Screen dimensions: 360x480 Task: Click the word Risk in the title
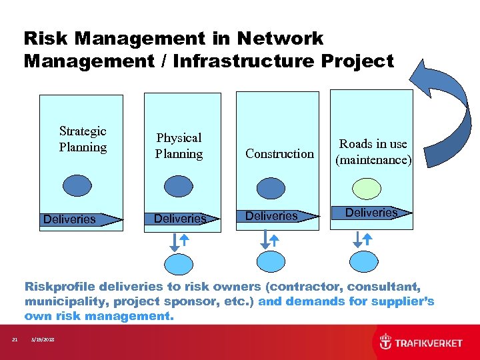pos(43,39)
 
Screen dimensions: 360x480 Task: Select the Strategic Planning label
pos(83,139)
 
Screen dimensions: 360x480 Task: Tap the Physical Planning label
pos(179,146)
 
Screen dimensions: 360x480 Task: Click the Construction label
pos(279,154)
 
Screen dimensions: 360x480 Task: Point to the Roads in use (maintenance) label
pos(373,152)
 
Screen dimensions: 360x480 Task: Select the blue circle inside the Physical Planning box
pos(177,185)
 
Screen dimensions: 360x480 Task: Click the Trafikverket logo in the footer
pos(420,343)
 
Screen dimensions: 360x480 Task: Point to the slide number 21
pos(15,341)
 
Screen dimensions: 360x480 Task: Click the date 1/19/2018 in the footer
pos(43,341)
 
